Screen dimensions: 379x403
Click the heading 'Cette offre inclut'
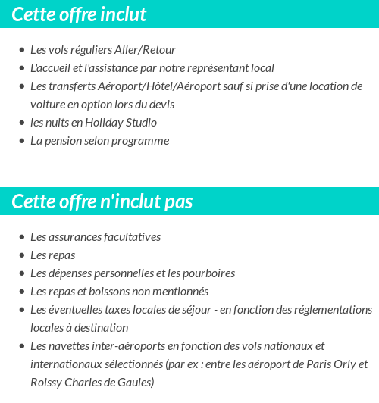click(79, 14)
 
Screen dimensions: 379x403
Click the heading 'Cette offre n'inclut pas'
click(102, 202)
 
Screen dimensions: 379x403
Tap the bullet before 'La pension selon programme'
click(22, 141)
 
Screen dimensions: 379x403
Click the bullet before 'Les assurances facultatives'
click(22, 237)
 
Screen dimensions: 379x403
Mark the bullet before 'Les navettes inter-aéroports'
click(22, 346)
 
